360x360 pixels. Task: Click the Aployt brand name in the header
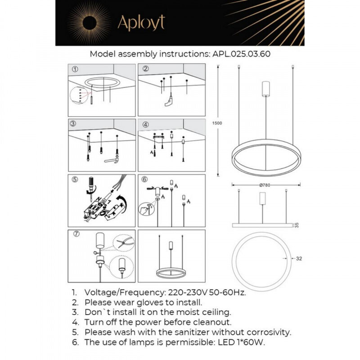tap(141, 22)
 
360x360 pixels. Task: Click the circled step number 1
tap(75, 69)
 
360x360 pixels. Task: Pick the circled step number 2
tap(145, 69)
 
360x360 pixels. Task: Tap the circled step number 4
tap(145, 124)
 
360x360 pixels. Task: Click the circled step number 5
tap(75, 180)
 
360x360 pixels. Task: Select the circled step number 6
tap(145, 180)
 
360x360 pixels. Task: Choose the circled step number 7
tap(75, 235)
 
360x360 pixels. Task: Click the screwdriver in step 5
tap(91, 187)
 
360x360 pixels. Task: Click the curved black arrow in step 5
tap(121, 201)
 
